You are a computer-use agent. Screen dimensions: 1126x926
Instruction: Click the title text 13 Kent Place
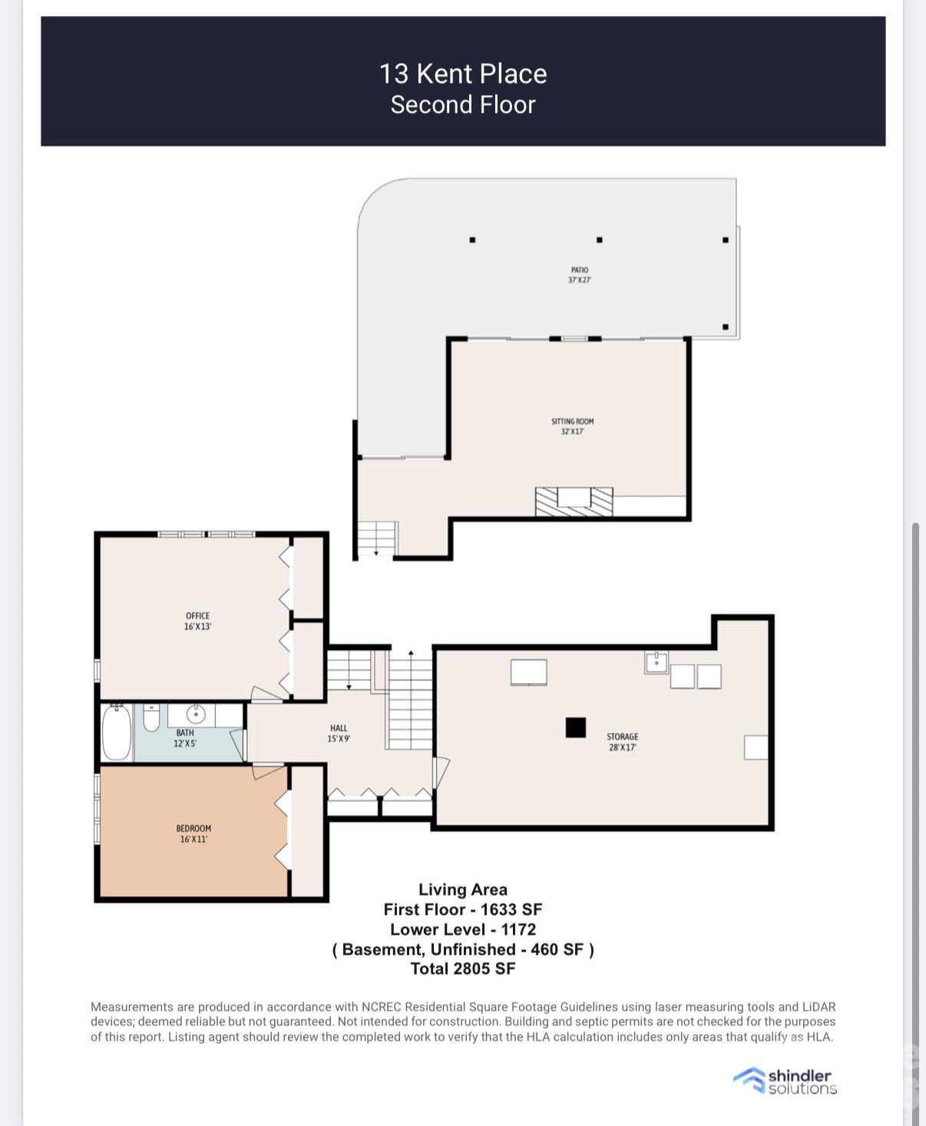463,74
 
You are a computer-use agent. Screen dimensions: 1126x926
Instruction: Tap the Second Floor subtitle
463,104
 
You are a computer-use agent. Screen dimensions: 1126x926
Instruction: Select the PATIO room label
580,275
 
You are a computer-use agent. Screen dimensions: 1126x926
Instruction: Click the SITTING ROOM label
572,426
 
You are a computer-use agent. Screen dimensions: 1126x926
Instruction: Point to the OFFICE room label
197,621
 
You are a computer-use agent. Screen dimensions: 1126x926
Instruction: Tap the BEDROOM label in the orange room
193,834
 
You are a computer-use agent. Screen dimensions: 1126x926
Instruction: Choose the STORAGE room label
622,741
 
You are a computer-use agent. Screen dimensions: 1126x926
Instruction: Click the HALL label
339,733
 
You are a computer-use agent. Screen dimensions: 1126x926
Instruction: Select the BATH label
184,738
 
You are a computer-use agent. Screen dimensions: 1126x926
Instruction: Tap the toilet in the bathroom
151,717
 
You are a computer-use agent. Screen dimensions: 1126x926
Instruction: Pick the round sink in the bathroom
196,714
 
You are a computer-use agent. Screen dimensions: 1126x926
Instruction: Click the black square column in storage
575,727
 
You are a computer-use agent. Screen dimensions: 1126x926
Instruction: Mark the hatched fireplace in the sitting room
574,502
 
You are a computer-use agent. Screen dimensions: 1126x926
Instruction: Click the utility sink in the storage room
656,662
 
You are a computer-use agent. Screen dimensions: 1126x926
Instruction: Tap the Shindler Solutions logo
785,1081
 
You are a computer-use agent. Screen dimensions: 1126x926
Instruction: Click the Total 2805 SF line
463,969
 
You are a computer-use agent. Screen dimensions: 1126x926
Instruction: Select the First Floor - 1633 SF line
463,910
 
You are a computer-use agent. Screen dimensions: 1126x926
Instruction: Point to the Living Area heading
463,890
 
